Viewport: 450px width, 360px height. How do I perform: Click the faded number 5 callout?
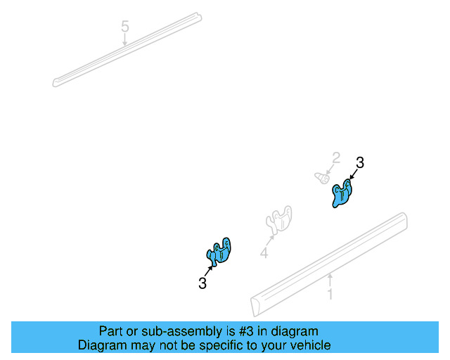point(125,27)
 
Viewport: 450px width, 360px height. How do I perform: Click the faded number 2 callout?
point(336,158)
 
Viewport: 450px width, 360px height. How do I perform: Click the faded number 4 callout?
point(264,253)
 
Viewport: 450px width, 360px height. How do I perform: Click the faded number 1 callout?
point(330,295)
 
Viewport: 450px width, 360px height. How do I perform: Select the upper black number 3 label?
point(360,162)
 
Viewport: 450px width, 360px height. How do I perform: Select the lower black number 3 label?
point(202,283)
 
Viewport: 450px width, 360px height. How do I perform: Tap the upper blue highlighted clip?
point(342,193)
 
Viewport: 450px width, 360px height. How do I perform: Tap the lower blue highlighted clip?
point(219,251)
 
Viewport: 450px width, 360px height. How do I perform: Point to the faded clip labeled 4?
point(279,219)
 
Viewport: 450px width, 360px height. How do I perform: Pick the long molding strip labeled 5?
point(127,50)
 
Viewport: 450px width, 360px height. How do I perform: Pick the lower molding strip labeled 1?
point(329,264)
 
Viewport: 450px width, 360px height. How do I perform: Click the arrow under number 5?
point(125,39)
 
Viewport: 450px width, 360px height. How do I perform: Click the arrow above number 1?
point(330,280)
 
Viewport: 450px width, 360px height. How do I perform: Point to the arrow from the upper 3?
point(354,174)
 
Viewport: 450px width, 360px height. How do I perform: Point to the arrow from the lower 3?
point(209,271)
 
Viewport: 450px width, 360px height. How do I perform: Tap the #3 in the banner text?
point(247,332)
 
